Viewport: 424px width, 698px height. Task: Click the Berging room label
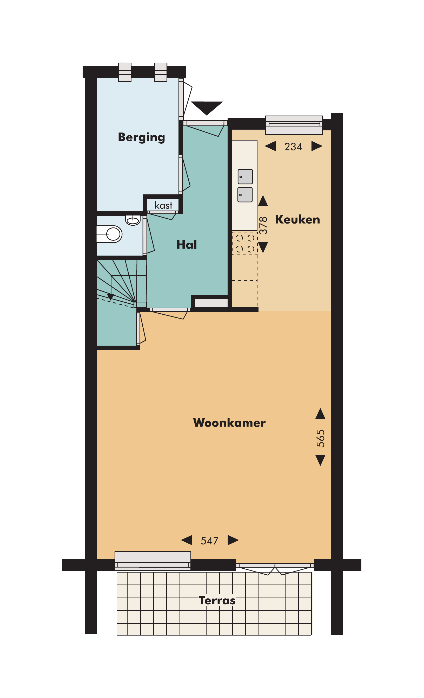pos(141,137)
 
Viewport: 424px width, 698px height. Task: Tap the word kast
pos(163,205)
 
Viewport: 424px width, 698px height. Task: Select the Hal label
pos(187,245)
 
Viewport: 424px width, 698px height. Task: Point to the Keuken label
pos(297,220)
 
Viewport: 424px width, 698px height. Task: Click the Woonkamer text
pos(229,423)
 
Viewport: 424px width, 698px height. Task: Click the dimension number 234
pos(293,147)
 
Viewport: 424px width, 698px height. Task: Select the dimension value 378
pos(263,225)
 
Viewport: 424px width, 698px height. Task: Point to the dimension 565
pos(321,439)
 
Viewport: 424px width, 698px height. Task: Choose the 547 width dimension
pos(210,541)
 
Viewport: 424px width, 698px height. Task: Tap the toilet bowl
pos(113,234)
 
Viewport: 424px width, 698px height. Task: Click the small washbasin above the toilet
pos(133,220)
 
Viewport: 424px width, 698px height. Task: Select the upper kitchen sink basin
pos(245,177)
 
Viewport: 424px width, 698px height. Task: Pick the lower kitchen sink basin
pos(245,195)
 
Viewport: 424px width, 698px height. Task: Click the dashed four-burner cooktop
pos(245,243)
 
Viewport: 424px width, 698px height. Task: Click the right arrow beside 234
pos(316,146)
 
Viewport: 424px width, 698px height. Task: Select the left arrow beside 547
pos(187,540)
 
